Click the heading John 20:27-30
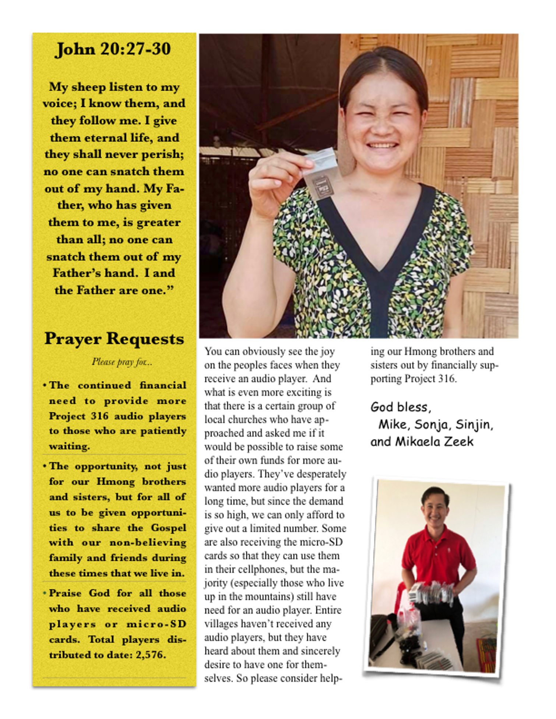tap(113, 49)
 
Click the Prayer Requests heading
tap(114, 339)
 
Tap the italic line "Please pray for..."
tap(122, 362)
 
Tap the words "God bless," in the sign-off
tap(401, 407)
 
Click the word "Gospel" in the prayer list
tap(168, 528)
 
